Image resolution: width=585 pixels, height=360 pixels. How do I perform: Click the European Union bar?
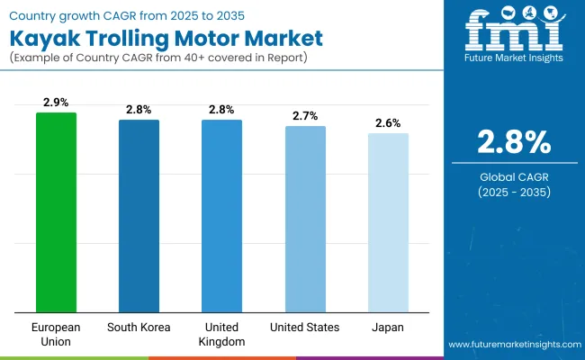[x=56, y=212]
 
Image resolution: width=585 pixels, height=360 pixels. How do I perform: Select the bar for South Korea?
[x=139, y=216]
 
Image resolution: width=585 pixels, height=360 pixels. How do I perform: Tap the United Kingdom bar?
[x=221, y=216]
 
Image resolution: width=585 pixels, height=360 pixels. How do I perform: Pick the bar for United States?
[x=305, y=220]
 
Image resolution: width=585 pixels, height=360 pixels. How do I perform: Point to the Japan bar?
[x=388, y=223]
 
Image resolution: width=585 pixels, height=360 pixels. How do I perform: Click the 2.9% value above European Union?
[x=56, y=103]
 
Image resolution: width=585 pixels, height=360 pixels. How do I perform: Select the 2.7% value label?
[x=305, y=116]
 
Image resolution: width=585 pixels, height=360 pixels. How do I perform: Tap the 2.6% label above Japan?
[x=388, y=123]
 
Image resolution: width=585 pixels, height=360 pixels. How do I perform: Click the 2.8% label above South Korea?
[x=139, y=110]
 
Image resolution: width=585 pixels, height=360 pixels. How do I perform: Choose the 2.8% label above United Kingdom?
[x=221, y=110]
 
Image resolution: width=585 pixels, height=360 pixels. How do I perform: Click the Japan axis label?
[x=388, y=328]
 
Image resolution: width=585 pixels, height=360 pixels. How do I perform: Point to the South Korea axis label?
[x=139, y=328]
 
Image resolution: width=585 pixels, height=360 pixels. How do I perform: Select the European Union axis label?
[x=56, y=334]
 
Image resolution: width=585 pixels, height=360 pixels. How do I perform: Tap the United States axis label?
[x=305, y=328]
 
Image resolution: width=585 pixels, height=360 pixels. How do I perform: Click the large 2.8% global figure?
[x=514, y=143]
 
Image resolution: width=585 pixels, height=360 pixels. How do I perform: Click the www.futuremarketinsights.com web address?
[x=512, y=345]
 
